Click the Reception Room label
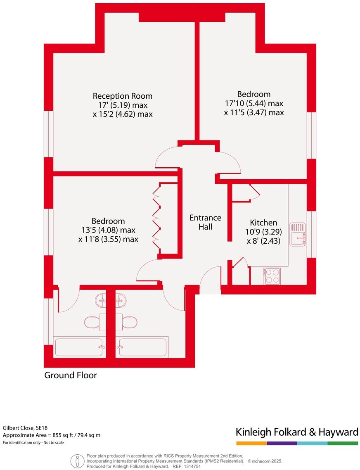click(x=122, y=96)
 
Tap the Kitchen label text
click(x=263, y=223)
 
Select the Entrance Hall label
click(x=205, y=222)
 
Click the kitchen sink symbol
click(x=298, y=234)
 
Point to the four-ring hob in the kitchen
click(x=272, y=275)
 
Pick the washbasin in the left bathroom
click(x=101, y=299)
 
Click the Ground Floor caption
click(x=71, y=375)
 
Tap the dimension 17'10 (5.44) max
click(x=254, y=103)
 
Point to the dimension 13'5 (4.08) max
click(x=108, y=230)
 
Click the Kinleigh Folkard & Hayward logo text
click(x=296, y=432)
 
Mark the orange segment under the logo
click(x=251, y=444)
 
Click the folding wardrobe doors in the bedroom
click(x=156, y=218)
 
